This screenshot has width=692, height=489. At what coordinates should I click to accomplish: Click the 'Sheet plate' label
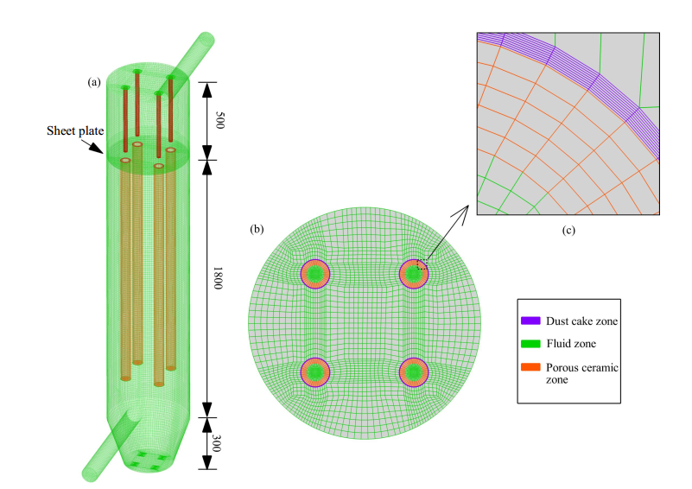[75, 131]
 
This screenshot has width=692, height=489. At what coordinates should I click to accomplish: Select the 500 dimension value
[219, 120]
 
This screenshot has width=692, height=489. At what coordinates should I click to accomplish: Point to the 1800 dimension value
[218, 278]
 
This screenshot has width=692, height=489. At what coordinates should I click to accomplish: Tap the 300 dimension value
[216, 443]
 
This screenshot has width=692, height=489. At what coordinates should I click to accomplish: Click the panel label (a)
[94, 82]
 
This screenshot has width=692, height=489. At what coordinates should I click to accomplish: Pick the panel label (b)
[257, 229]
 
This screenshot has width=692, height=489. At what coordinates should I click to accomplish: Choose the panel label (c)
[568, 230]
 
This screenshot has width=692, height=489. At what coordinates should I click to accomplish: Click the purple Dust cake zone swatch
[530, 321]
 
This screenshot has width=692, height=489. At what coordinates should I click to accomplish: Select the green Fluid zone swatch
[530, 343]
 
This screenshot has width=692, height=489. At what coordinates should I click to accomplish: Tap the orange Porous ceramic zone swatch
[530, 367]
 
